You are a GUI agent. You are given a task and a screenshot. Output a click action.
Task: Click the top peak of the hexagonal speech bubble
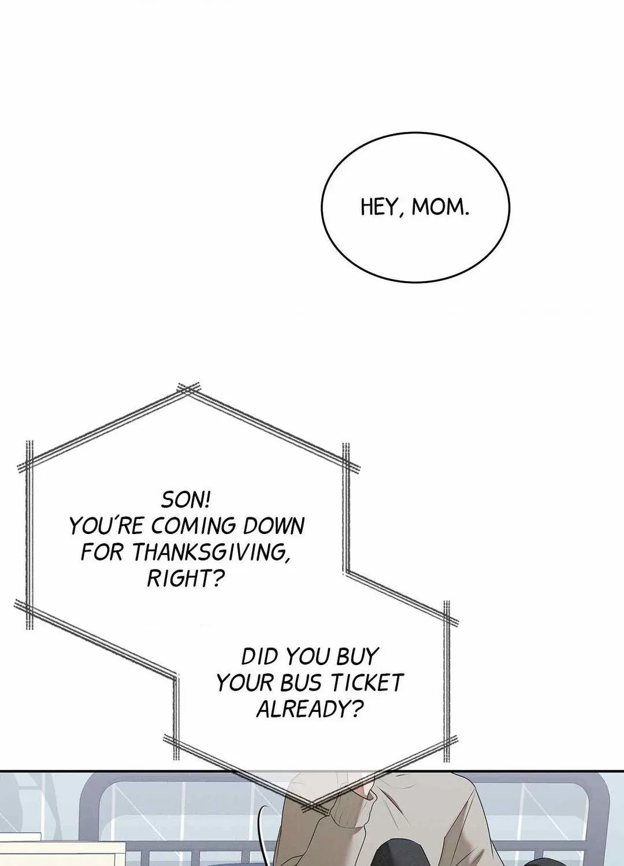click(x=188, y=389)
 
